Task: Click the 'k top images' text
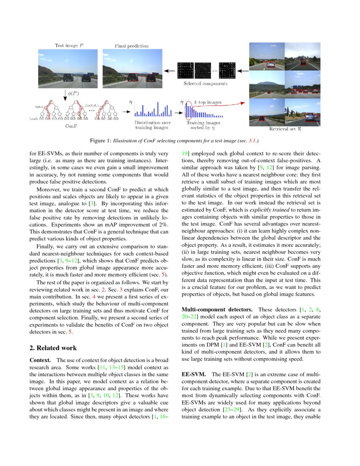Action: click(x=208, y=102)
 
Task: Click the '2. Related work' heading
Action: click(x=53, y=348)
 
